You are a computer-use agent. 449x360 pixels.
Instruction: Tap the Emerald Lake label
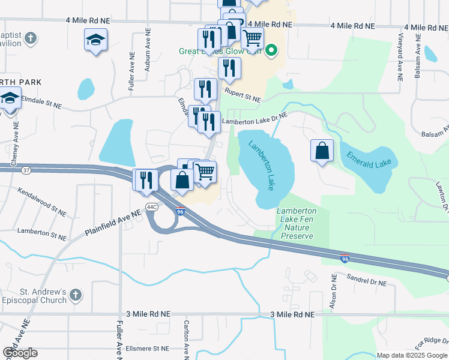pos(369,159)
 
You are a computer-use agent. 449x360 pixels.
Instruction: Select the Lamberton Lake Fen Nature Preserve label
pos(296,223)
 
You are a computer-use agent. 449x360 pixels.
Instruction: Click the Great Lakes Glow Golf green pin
pos(271,50)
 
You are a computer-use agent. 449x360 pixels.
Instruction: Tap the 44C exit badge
pos(152,208)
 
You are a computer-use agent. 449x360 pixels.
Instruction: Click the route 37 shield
pos(25,170)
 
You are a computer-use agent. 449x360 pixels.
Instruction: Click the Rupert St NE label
pos(243,94)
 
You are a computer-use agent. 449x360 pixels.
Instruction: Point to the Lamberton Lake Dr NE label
pos(253,120)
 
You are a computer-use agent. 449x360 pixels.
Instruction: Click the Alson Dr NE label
pos(333,292)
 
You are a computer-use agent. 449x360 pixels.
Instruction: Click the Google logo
pos(20,352)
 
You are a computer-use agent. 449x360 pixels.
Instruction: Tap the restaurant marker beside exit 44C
pos(145,180)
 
